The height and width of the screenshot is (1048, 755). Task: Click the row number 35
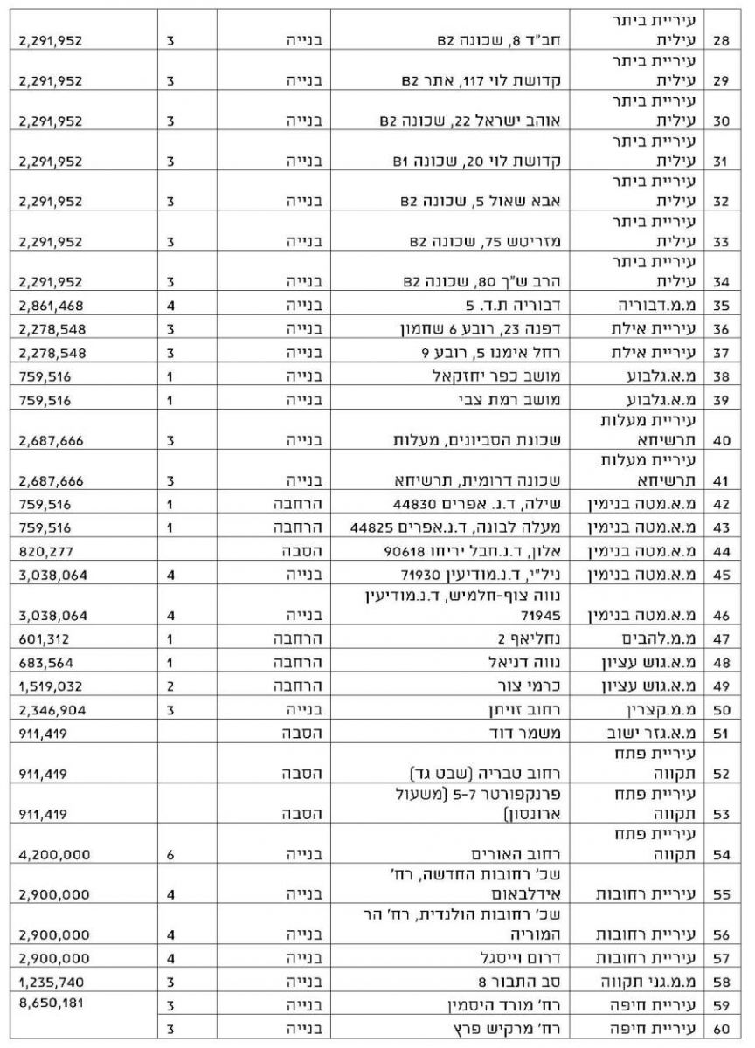(x=722, y=307)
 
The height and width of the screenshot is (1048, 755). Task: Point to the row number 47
(x=722, y=639)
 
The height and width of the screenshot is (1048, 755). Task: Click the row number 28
(x=722, y=40)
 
